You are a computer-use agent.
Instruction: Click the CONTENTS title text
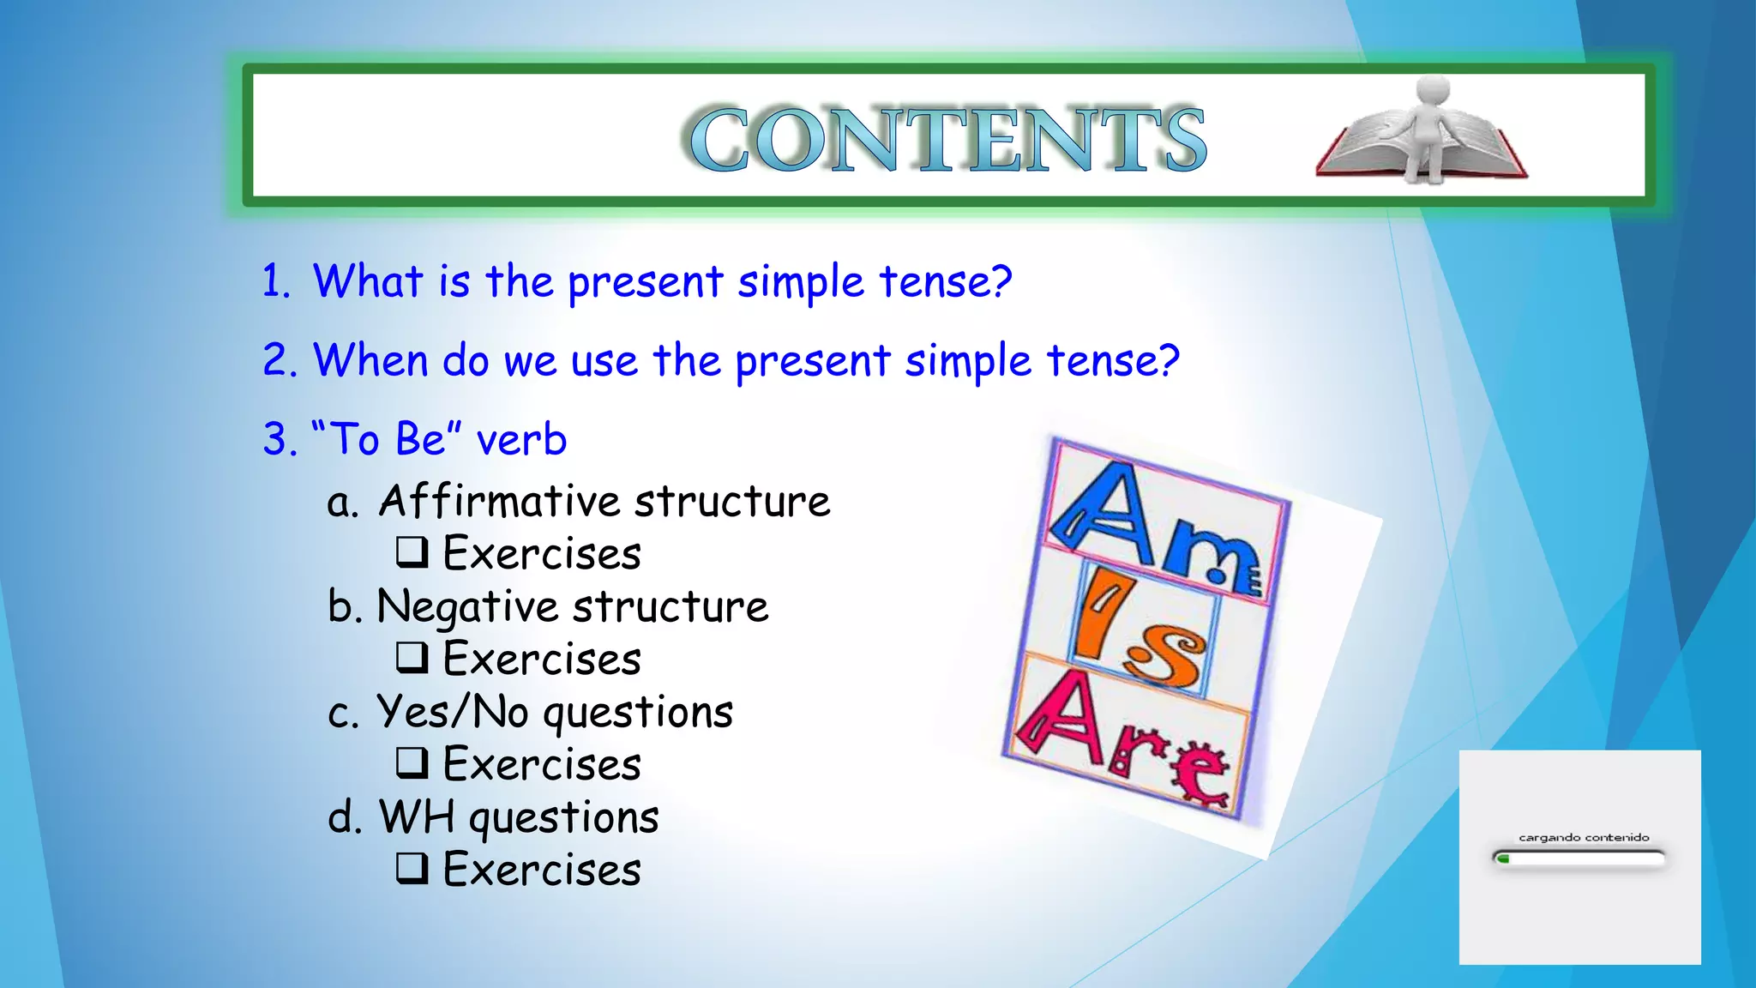point(947,139)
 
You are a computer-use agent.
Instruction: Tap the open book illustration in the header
point(1372,146)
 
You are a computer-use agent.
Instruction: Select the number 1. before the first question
point(276,281)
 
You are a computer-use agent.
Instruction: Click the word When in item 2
point(370,359)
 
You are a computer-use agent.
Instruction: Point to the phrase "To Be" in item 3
point(387,438)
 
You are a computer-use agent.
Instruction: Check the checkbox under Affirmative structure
point(412,552)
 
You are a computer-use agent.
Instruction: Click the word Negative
point(467,606)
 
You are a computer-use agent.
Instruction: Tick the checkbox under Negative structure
point(412,658)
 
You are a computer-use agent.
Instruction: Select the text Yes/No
point(453,711)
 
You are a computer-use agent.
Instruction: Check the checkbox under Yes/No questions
point(412,763)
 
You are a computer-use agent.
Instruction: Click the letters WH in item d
point(417,816)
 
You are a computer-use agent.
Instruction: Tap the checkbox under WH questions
point(412,869)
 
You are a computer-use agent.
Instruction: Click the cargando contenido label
point(1583,837)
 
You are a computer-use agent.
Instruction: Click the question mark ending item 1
point(998,281)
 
